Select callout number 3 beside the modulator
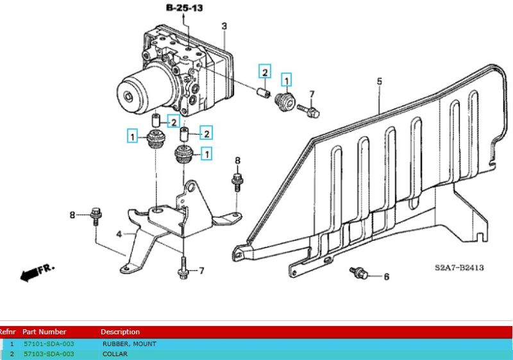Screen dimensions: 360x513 (224, 26)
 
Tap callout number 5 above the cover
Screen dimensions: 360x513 (379, 81)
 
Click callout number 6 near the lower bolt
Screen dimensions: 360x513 (386, 277)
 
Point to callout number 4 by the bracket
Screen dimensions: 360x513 (119, 235)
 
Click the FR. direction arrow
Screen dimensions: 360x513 (38, 271)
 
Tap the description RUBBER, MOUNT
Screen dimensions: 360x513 (129, 344)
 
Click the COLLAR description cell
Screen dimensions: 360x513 (115, 354)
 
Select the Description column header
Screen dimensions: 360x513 (120, 332)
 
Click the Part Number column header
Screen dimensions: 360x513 (44, 332)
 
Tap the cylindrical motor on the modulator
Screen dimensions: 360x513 (137, 92)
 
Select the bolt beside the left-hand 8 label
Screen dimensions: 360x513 (96, 215)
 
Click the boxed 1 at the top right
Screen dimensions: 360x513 (286, 80)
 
